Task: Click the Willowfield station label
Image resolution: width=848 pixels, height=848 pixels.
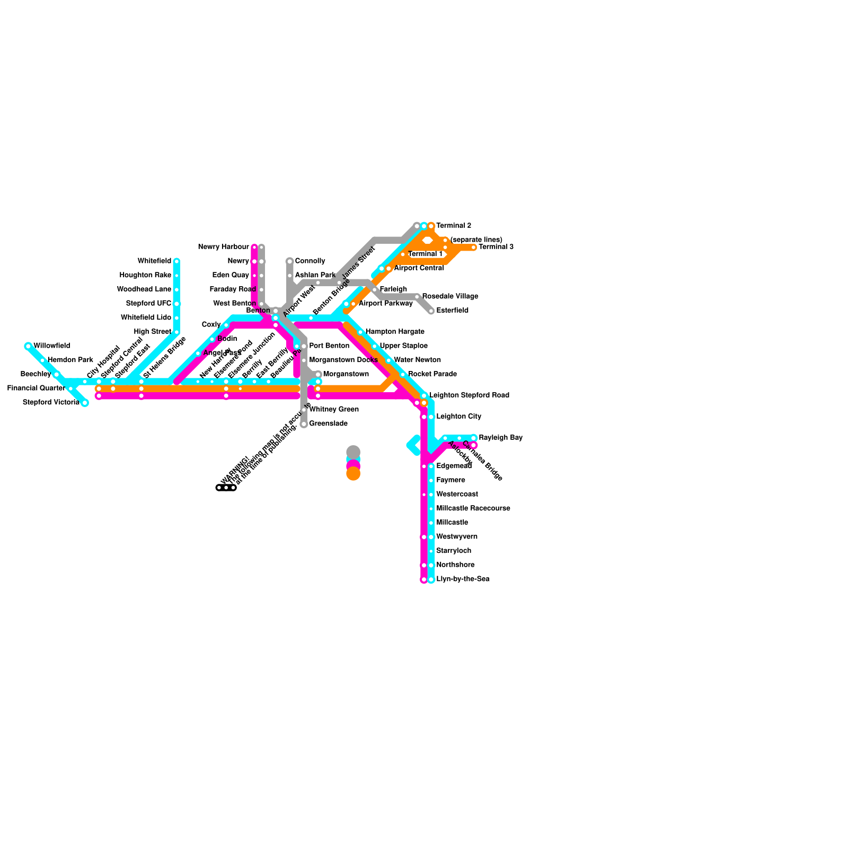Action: (x=51, y=346)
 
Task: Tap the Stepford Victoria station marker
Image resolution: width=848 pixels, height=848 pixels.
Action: (x=85, y=403)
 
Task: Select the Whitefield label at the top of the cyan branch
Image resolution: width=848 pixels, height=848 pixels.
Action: (x=154, y=261)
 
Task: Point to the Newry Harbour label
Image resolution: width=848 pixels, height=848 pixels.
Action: (x=223, y=247)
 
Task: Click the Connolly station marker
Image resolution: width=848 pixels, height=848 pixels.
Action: (x=290, y=261)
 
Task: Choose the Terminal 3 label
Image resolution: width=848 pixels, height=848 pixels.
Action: (x=496, y=247)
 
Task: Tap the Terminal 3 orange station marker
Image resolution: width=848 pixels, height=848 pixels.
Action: (x=473, y=247)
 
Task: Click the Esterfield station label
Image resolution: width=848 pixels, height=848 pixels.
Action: (x=452, y=311)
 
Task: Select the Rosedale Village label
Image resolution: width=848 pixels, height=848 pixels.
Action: (x=450, y=296)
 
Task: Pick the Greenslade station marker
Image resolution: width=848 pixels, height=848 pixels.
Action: (x=304, y=424)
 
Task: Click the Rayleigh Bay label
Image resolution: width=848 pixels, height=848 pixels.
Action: (x=500, y=438)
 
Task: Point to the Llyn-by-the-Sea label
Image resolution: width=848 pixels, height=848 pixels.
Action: (x=463, y=579)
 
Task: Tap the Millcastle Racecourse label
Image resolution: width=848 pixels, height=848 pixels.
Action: (x=473, y=508)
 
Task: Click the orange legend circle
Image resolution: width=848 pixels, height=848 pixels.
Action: (x=354, y=474)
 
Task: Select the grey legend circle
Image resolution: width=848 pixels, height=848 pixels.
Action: (x=354, y=452)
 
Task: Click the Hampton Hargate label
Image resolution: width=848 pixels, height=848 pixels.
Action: (x=395, y=332)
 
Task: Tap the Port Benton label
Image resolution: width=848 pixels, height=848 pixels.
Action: (x=329, y=346)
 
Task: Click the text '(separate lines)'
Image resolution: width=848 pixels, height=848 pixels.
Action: (x=476, y=240)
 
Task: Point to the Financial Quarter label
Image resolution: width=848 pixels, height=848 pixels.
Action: (x=36, y=388)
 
